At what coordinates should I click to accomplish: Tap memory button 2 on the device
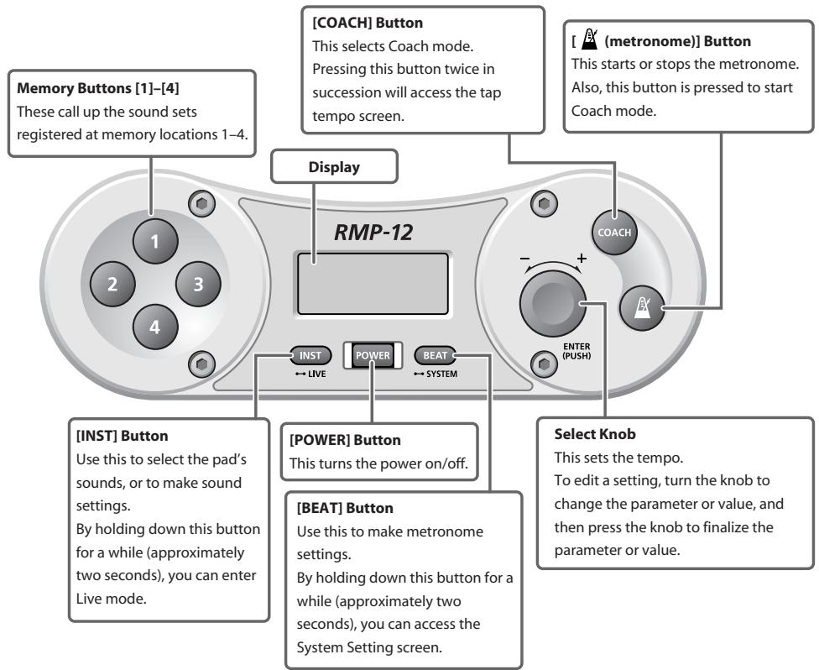click(112, 284)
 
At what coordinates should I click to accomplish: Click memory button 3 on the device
click(198, 284)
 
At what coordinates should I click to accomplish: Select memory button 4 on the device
click(155, 327)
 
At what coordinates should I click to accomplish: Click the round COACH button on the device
click(614, 232)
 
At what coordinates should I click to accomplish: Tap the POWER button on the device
click(373, 355)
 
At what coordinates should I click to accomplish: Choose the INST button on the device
click(310, 355)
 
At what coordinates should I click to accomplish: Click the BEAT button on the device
click(435, 355)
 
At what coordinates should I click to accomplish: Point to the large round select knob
click(553, 304)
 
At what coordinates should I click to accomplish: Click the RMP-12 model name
click(373, 232)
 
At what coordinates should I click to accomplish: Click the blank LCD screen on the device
click(373, 284)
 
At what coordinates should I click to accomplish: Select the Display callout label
click(334, 167)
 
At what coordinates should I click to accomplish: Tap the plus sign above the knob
click(582, 258)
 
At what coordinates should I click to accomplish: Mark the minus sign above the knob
click(525, 258)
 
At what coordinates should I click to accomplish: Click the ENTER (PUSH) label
click(576, 351)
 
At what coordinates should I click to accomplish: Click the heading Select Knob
click(595, 434)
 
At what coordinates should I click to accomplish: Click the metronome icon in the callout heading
click(590, 39)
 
